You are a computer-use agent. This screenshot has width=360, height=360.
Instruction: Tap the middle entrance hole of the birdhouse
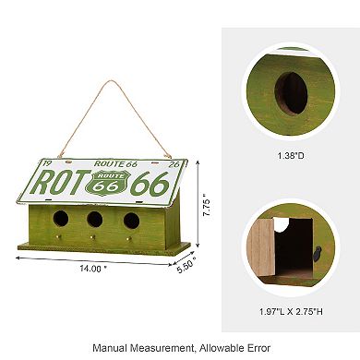pos(94,221)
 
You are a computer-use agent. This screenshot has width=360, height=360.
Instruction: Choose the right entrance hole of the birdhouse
pos(130,222)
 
